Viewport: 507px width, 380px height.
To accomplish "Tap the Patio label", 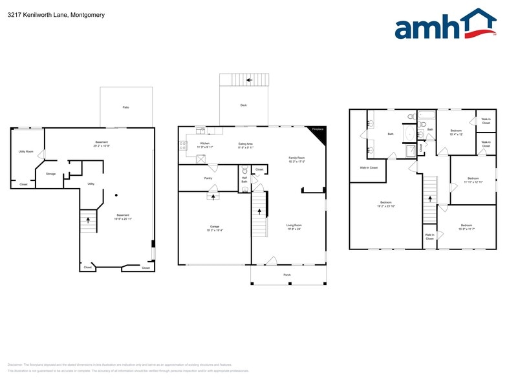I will click(125, 107).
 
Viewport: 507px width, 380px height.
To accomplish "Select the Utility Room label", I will click(26, 152).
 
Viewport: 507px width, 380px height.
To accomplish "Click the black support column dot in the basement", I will click(116, 195).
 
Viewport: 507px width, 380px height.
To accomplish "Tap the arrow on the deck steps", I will click(244, 81).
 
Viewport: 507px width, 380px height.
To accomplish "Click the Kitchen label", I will click(204, 144).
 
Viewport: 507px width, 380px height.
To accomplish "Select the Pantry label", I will click(208, 178).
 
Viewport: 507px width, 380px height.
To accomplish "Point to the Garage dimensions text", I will click(214, 230).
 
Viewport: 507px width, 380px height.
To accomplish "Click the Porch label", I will click(287, 275).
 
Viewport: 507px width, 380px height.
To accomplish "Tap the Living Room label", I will click(294, 226).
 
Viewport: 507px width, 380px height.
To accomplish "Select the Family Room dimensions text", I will click(296, 162).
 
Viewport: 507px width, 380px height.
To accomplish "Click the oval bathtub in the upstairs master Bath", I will click(407, 132).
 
